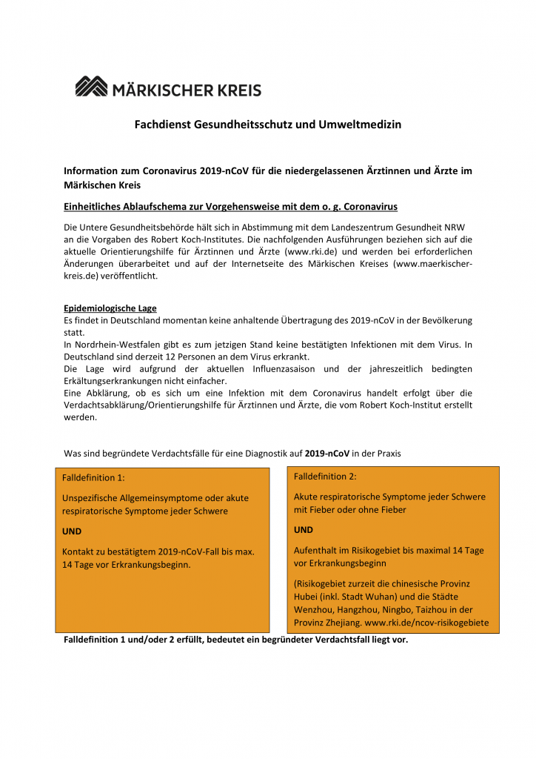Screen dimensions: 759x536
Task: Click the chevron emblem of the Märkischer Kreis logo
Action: point(91,87)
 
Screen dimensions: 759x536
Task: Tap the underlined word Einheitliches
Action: point(96,205)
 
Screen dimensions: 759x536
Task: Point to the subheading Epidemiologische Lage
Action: point(110,308)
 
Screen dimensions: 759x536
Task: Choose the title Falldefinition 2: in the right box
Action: point(325,476)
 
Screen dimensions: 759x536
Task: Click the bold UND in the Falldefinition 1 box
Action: point(72,531)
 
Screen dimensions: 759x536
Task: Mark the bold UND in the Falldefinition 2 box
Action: point(304,530)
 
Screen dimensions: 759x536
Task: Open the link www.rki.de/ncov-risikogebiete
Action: point(426,623)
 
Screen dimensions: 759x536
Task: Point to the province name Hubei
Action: point(306,597)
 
